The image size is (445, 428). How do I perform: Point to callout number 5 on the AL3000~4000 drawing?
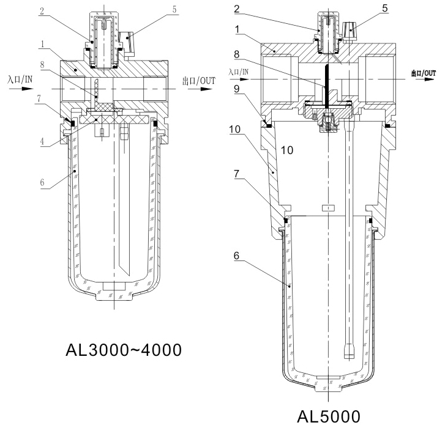[x=157, y=9]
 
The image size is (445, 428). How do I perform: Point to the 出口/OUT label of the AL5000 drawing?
[x=425, y=72]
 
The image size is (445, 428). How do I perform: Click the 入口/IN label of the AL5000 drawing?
[x=239, y=71]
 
